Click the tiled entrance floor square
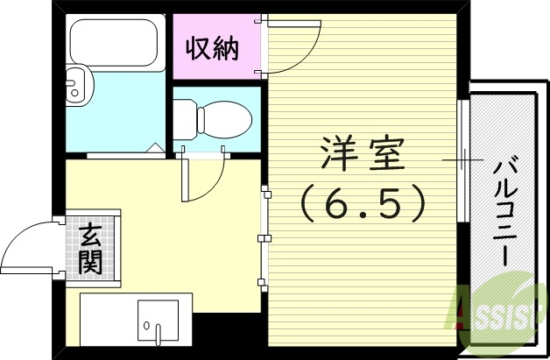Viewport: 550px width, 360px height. (x=90, y=247)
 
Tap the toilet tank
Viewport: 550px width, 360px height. (x=183, y=116)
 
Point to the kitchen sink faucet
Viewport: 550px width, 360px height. (x=159, y=330)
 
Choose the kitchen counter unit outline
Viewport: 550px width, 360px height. (x=131, y=317)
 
